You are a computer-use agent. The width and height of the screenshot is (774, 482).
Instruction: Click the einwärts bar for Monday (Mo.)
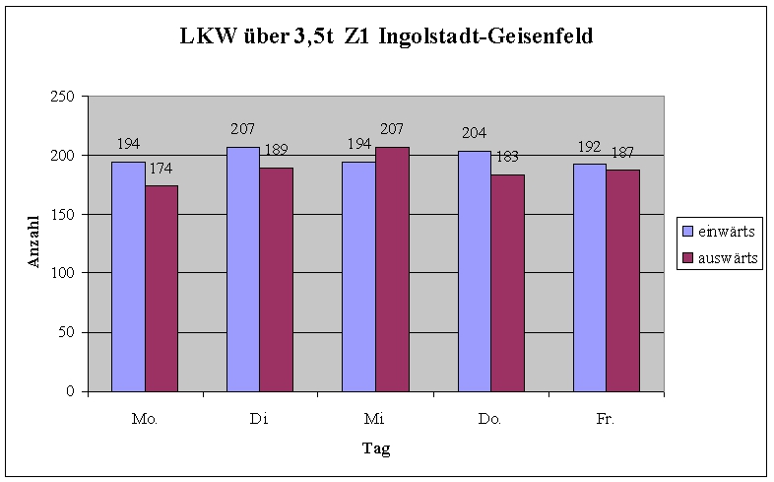pos(128,276)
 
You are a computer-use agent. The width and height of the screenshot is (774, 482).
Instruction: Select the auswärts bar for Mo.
pos(161,288)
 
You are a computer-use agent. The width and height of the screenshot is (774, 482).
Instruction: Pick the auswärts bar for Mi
pos(392,269)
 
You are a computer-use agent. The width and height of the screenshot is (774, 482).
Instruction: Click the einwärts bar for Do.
pos(475,271)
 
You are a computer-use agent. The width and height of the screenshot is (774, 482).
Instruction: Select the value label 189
pos(277,150)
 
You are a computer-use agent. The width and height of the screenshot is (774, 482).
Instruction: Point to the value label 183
pos(508,156)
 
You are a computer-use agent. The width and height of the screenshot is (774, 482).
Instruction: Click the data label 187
pos(622,153)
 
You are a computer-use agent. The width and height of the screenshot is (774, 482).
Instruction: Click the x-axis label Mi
pos(374,419)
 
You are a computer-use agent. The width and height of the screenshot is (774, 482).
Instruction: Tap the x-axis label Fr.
pos(605,419)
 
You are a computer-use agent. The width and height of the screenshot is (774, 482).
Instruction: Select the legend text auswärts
pos(728,258)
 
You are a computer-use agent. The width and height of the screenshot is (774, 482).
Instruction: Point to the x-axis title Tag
pos(375,448)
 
